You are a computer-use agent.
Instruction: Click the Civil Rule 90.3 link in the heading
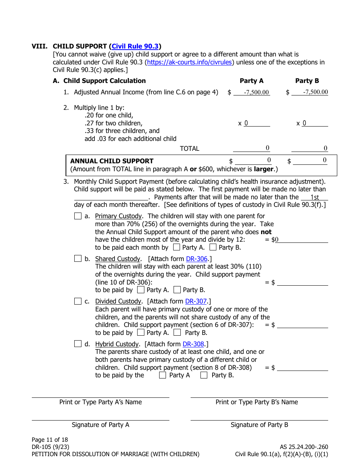[x=135, y=47]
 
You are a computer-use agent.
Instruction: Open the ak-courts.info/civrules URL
[x=189, y=62]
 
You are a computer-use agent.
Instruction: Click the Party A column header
[x=251, y=81]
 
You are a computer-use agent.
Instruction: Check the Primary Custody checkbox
[x=78, y=216]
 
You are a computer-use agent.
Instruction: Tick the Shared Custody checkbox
[x=78, y=259]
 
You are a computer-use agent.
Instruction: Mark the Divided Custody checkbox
[x=78, y=302]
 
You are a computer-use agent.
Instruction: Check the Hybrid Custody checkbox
[x=78, y=344]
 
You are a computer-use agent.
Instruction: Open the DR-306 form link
[x=197, y=259]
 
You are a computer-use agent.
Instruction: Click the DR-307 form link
[x=196, y=302]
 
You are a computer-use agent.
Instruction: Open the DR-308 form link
[x=193, y=344]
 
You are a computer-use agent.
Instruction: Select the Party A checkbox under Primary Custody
[x=176, y=247]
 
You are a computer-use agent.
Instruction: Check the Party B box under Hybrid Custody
[x=204, y=375]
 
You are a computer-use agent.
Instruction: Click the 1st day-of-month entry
[x=315, y=197]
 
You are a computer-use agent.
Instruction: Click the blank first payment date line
[x=111, y=197]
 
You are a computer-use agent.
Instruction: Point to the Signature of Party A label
[x=100, y=425]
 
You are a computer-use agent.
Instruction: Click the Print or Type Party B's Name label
[x=257, y=402]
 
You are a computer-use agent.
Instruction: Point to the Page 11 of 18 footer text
[x=50, y=440]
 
